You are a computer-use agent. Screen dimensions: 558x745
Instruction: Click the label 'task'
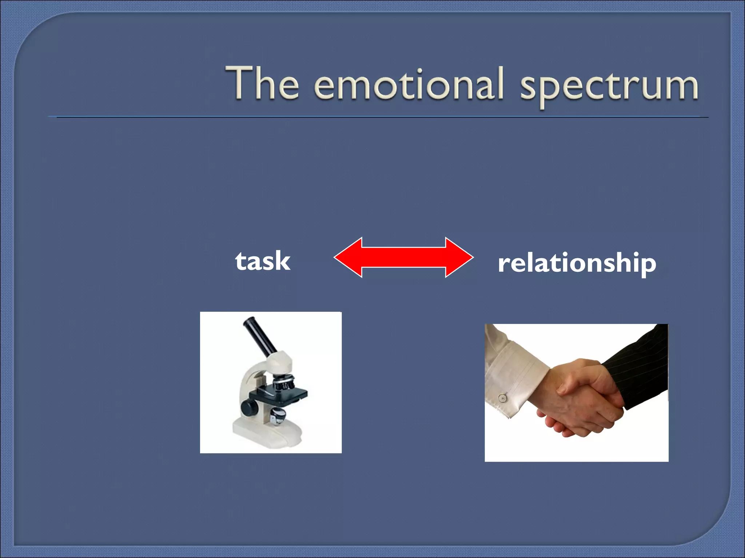click(263, 261)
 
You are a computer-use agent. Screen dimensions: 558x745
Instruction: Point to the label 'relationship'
click(577, 263)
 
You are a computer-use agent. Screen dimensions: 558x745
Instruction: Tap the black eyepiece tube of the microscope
click(260, 336)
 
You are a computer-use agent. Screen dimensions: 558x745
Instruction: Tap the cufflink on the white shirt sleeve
click(503, 398)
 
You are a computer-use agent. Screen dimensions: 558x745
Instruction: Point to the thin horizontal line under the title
click(378, 117)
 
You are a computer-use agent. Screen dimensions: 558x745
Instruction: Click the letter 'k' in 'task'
click(282, 261)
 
